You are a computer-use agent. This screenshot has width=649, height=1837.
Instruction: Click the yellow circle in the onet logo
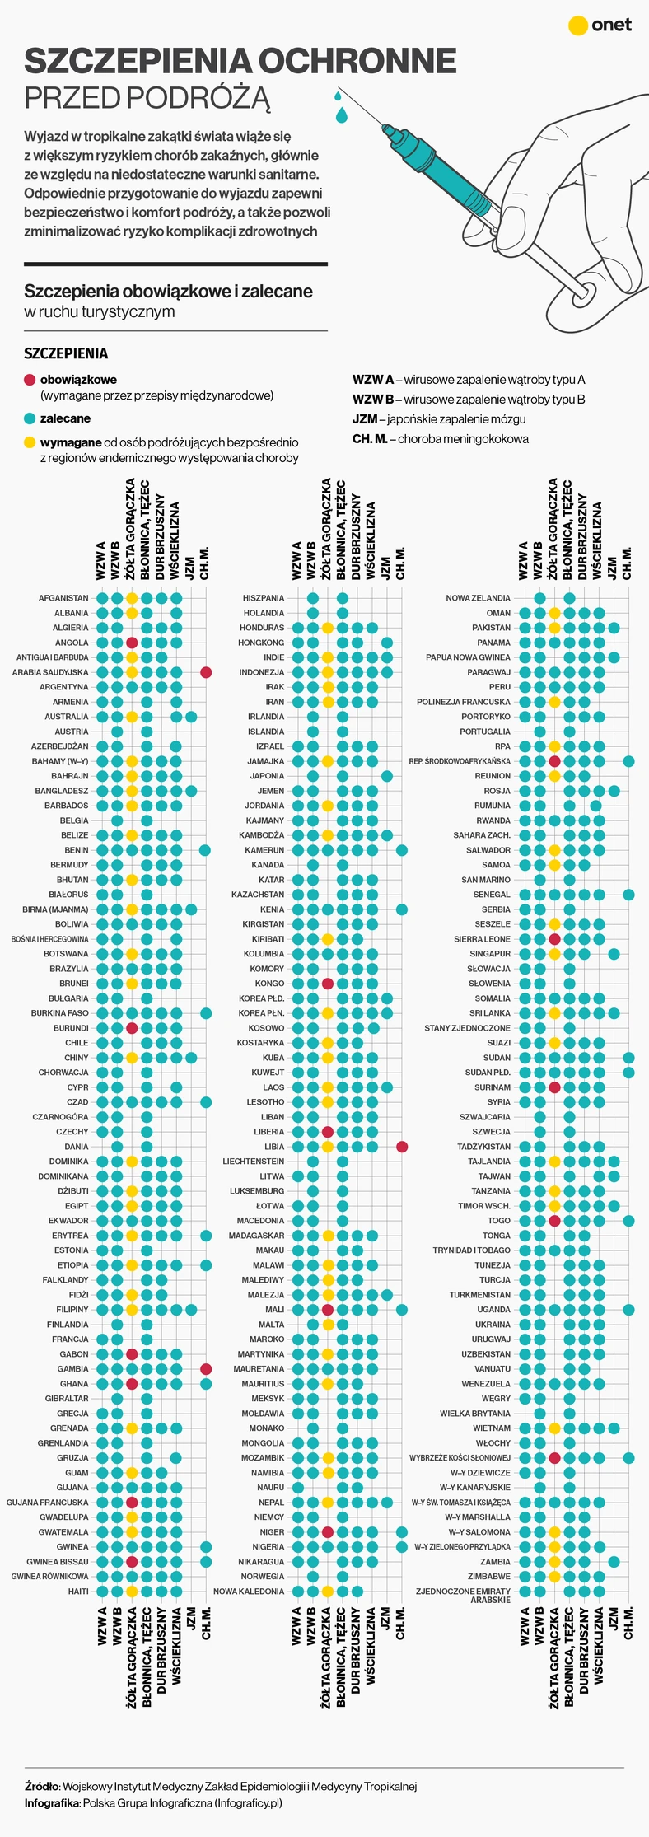(x=579, y=26)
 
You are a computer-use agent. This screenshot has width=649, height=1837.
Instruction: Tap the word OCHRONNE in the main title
(x=357, y=61)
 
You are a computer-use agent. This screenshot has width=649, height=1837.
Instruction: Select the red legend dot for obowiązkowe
(x=30, y=380)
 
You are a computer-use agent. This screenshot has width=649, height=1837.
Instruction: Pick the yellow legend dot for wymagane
(x=30, y=442)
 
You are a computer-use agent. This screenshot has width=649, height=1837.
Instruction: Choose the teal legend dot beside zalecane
(x=30, y=418)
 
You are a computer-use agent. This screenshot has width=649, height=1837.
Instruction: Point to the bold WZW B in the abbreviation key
(x=372, y=400)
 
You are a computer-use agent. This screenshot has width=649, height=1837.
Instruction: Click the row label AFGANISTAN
(x=63, y=598)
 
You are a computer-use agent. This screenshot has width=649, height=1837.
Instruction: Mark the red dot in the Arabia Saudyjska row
(x=206, y=672)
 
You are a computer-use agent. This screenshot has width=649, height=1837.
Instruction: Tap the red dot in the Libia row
(x=402, y=1147)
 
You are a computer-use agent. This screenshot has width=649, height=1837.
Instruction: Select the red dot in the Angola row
(x=132, y=643)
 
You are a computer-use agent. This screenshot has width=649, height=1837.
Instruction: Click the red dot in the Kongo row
(x=328, y=984)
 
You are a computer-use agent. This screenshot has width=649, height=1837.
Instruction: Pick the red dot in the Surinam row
(x=554, y=1087)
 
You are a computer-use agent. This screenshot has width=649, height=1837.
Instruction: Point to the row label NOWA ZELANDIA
(x=478, y=598)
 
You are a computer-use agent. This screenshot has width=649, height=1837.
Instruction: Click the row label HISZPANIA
(x=264, y=598)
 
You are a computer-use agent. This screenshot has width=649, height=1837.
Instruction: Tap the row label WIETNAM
(x=492, y=1428)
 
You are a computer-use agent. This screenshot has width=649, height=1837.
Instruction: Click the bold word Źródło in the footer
(x=42, y=1786)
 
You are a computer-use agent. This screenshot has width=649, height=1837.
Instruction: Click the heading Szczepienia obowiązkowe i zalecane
(x=168, y=291)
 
